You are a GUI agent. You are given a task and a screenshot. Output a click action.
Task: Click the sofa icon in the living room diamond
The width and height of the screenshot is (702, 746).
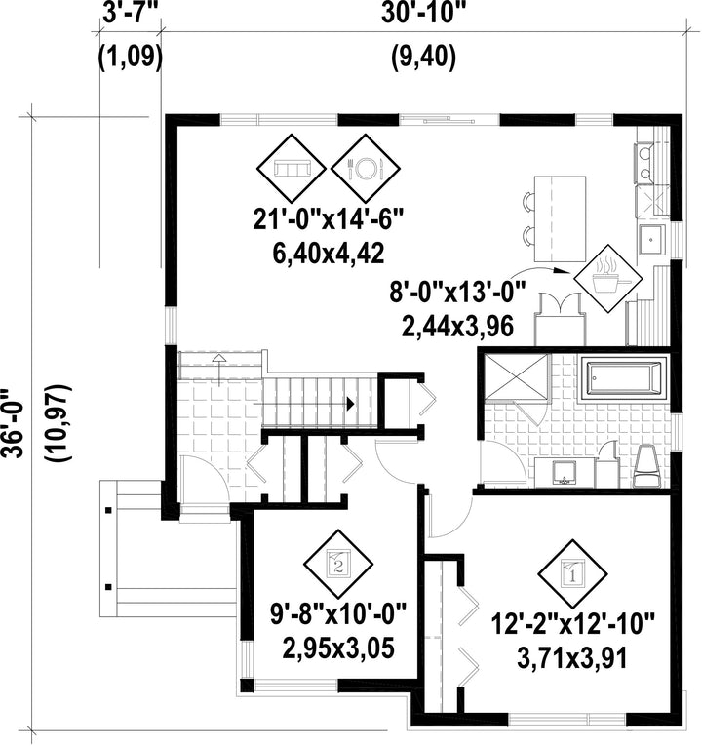292,168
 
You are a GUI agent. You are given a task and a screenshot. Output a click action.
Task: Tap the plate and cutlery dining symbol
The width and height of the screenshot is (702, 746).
366,168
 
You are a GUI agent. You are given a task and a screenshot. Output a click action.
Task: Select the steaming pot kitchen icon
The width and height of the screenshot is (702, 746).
608,278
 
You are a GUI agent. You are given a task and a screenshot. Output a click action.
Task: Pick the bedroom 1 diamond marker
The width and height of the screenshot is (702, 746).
572,574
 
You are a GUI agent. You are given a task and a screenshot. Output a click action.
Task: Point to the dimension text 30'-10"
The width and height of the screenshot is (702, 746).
423,15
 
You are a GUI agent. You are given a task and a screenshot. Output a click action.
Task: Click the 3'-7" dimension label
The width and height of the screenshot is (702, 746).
130,15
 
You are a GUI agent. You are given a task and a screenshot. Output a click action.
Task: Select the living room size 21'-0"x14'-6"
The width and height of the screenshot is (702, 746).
329,219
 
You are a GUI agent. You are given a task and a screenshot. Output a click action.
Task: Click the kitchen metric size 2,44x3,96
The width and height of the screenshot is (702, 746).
457,328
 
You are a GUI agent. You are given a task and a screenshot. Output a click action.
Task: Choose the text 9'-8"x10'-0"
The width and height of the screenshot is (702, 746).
338,613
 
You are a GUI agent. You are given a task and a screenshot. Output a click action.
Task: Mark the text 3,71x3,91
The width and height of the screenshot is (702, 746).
571,659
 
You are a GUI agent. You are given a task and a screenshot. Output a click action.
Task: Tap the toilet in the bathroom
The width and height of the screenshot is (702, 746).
647,466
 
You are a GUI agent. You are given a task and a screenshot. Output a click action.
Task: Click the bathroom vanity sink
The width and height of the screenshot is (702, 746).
565,472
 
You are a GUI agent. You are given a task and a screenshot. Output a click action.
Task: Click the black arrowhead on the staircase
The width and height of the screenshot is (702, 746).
351,404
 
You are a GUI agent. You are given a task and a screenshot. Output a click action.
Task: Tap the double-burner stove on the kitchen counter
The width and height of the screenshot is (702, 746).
644,163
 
